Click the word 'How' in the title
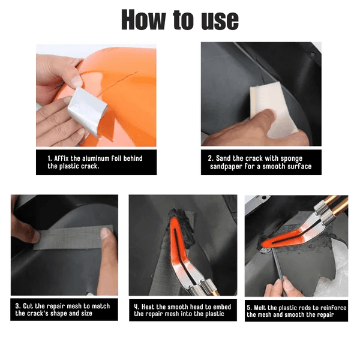coord(143,20)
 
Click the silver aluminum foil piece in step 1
coord(88,112)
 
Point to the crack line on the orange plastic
coord(119,82)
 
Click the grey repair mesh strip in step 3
coord(73,238)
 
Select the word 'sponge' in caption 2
coord(292,158)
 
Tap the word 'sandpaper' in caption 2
coord(226,167)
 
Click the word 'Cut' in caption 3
coord(28,306)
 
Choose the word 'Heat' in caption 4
coord(148,307)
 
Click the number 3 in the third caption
coord(17,306)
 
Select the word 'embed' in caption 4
coord(222,307)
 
